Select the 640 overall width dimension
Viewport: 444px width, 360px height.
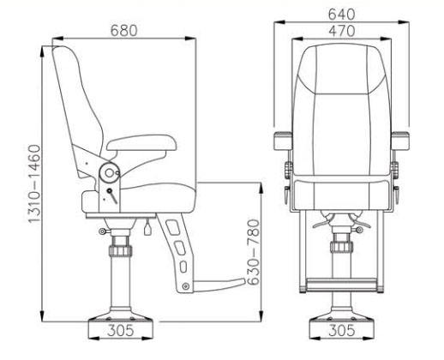[x=336, y=13]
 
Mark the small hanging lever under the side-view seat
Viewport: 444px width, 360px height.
[x=148, y=227]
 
